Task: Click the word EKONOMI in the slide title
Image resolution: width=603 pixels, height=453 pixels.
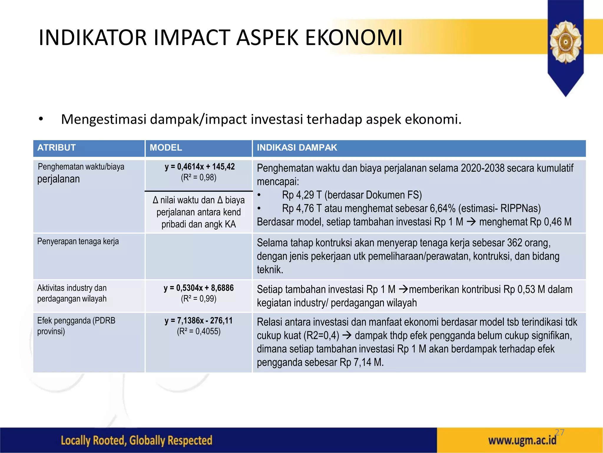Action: coord(354,38)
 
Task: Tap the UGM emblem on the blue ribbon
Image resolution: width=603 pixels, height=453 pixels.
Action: coord(565,42)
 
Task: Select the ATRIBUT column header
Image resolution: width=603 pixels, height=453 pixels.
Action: coord(57,147)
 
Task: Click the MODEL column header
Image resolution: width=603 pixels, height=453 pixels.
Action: coord(166,147)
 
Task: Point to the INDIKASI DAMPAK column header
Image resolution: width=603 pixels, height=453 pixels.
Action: coord(297,147)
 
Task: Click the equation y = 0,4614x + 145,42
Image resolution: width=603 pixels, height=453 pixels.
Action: coord(200,167)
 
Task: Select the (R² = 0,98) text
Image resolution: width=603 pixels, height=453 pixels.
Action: coord(199,178)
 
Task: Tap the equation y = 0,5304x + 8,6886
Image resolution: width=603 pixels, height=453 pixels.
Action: coord(199,288)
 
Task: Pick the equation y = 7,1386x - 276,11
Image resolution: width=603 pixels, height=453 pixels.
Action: coord(199,321)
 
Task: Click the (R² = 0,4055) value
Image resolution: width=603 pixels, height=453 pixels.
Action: coord(199,331)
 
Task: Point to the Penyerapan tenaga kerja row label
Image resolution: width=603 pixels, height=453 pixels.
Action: coord(78,242)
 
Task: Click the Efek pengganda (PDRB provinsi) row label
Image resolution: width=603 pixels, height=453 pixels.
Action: coord(76,326)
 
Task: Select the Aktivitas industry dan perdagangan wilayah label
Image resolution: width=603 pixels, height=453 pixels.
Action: coord(72,293)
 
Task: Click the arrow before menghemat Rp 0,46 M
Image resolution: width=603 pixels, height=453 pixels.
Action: coord(471,221)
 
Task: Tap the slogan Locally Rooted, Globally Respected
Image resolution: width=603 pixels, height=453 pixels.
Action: coord(136,440)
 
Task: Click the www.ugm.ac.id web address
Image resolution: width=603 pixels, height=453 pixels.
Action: coord(522,441)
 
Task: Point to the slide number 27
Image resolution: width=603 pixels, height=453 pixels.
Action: coord(559,432)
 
